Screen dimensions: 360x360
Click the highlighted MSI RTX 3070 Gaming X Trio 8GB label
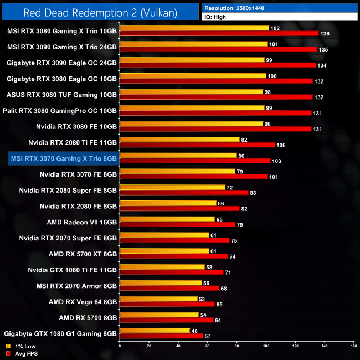(64, 158)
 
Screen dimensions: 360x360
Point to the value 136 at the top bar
(326, 33)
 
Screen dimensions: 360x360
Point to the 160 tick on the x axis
(353, 346)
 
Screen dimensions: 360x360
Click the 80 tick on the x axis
(236, 346)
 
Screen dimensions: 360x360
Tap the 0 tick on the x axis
(120, 346)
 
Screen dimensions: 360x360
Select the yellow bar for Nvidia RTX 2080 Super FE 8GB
(172, 187)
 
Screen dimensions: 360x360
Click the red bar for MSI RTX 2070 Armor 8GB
(169, 288)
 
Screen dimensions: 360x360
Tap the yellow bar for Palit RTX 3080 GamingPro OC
(192, 107)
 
